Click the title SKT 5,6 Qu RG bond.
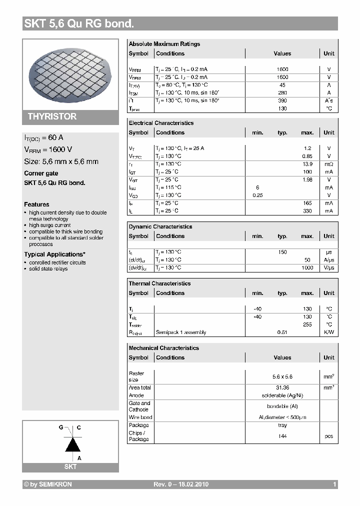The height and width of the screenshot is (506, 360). click(x=79, y=23)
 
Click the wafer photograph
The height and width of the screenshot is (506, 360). click(x=70, y=73)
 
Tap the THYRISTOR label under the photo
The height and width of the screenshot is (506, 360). click(x=52, y=116)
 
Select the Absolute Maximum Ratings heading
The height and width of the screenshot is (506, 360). click(x=164, y=44)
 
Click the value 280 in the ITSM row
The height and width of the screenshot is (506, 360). click(x=282, y=93)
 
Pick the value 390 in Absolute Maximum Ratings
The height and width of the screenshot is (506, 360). click(x=282, y=100)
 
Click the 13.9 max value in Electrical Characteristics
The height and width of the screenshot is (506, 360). click(x=307, y=164)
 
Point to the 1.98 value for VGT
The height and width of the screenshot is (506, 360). click(x=307, y=179)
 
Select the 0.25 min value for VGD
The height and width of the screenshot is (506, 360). click(x=257, y=195)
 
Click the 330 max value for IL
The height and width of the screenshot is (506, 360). click(x=307, y=211)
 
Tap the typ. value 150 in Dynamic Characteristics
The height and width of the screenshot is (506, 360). click(x=282, y=252)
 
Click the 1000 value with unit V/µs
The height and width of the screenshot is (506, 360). click(x=307, y=267)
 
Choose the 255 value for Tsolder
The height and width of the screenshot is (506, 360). click(x=307, y=324)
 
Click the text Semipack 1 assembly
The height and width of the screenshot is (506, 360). click(x=181, y=332)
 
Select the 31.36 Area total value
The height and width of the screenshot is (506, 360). click(x=282, y=387)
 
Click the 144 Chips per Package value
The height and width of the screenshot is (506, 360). click(x=282, y=436)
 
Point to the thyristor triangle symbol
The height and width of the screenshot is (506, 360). click(x=73, y=443)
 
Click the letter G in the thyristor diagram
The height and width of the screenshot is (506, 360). click(x=61, y=428)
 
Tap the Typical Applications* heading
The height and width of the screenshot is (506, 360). click(x=54, y=254)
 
